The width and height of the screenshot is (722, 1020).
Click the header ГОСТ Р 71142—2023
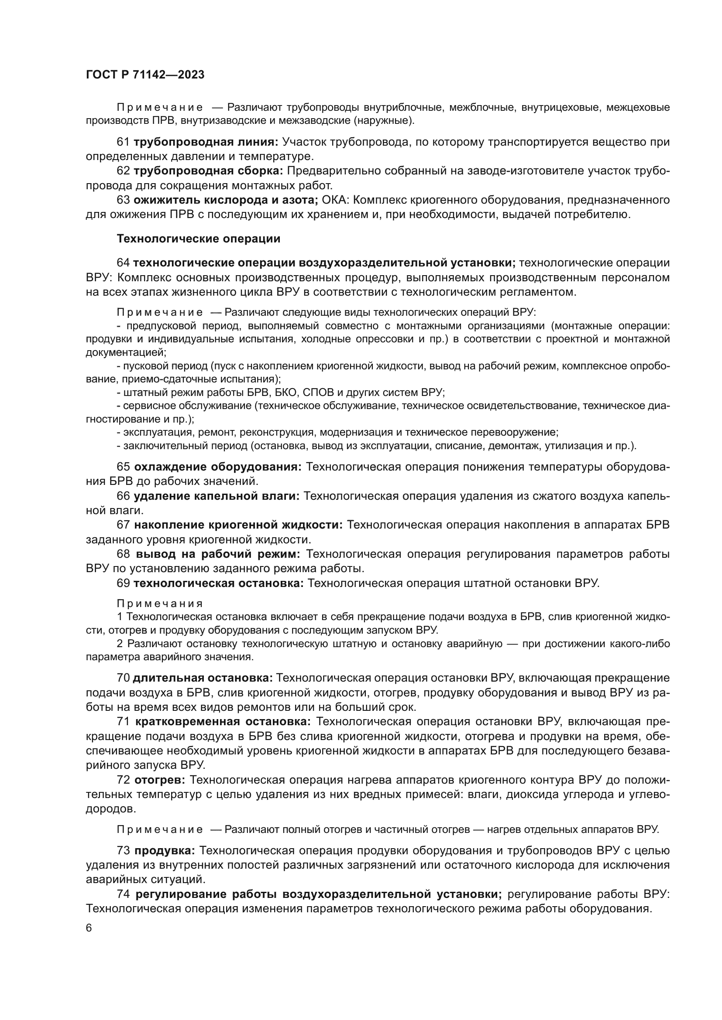(145, 75)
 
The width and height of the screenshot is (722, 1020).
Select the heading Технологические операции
(198, 239)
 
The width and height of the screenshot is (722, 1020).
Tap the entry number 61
(123, 142)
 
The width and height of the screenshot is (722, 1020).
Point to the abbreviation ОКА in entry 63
(336, 200)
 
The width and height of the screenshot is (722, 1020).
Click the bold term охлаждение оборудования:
(218, 467)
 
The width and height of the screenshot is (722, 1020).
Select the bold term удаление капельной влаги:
(217, 496)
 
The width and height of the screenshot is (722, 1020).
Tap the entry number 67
(123, 525)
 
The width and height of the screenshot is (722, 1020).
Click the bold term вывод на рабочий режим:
(218, 554)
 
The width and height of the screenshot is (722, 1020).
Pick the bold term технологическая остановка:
(218, 583)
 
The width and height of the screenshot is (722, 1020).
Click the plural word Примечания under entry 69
(160, 604)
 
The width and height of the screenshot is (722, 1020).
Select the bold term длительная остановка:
(202, 678)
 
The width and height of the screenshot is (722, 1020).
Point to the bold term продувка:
(165, 851)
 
